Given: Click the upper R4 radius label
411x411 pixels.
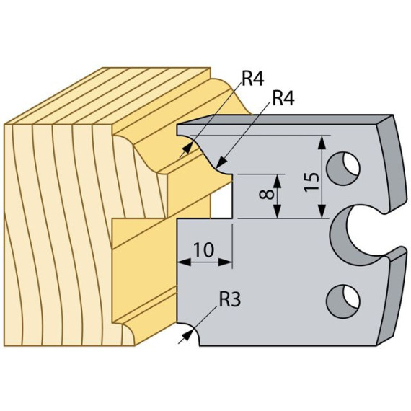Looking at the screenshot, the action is [252, 79].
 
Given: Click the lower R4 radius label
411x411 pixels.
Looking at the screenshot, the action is [283, 98].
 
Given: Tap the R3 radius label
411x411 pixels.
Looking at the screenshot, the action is [230, 299].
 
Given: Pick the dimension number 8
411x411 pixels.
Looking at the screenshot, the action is [266, 195].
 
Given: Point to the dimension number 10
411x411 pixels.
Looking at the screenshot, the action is [203, 249].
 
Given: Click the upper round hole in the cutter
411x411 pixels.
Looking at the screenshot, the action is [343, 168].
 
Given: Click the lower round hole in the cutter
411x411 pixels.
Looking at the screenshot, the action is [342, 301].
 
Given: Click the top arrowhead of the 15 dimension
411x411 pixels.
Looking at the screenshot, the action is [322, 142].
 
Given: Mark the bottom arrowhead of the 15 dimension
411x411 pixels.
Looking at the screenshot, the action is [322, 212].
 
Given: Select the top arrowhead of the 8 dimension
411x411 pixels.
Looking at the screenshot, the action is [278, 181].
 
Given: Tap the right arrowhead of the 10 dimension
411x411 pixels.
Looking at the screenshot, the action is [226, 262].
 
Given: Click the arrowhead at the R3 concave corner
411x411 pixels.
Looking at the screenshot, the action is [189, 332].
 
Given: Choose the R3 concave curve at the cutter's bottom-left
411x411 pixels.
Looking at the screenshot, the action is [193, 331].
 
